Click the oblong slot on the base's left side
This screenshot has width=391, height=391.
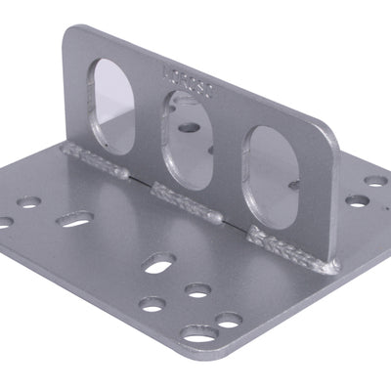(75, 220)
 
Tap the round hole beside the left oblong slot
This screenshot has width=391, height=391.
(29, 204)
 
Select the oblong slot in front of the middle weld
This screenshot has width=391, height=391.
(159, 262)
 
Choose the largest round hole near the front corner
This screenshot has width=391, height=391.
(199, 334)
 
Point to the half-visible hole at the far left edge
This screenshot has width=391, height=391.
(4, 222)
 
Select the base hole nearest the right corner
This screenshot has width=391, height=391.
(375, 181)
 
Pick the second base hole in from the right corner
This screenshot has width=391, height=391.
(358, 200)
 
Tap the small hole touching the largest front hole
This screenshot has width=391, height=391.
(229, 320)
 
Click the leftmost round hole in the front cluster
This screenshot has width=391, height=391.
(152, 303)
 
